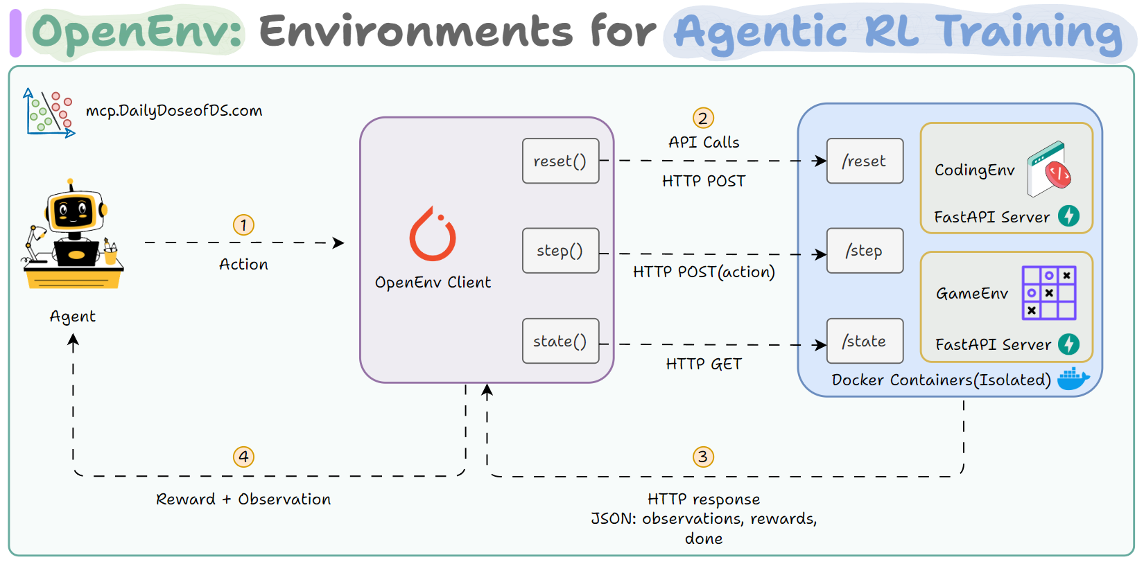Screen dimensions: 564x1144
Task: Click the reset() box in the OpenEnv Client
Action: point(560,161)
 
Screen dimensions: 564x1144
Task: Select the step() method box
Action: point(560,251)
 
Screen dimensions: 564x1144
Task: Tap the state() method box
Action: point(560,341)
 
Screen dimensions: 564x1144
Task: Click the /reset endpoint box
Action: point(865,161)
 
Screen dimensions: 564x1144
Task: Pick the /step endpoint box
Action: point(865,251)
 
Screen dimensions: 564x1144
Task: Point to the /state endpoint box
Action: point(865,341)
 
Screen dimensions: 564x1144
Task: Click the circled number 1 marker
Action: point(243,225)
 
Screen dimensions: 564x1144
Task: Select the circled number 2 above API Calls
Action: point(703,118)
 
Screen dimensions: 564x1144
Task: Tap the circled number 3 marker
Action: point(703,457)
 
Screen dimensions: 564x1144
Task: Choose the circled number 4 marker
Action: point(243,457)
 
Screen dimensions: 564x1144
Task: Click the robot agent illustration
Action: point(73,236)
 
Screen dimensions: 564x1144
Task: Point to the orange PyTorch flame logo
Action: point(433,236)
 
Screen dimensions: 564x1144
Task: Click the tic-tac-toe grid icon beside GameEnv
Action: point(1049,292)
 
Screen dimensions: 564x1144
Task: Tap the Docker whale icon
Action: point(1073,378)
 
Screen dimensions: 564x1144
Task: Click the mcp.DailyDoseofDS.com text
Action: point(174,111)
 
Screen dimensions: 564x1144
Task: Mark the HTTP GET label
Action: point(703,364)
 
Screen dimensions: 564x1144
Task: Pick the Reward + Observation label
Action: point(243,500)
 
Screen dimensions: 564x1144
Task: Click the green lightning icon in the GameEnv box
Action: point(1068,344)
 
